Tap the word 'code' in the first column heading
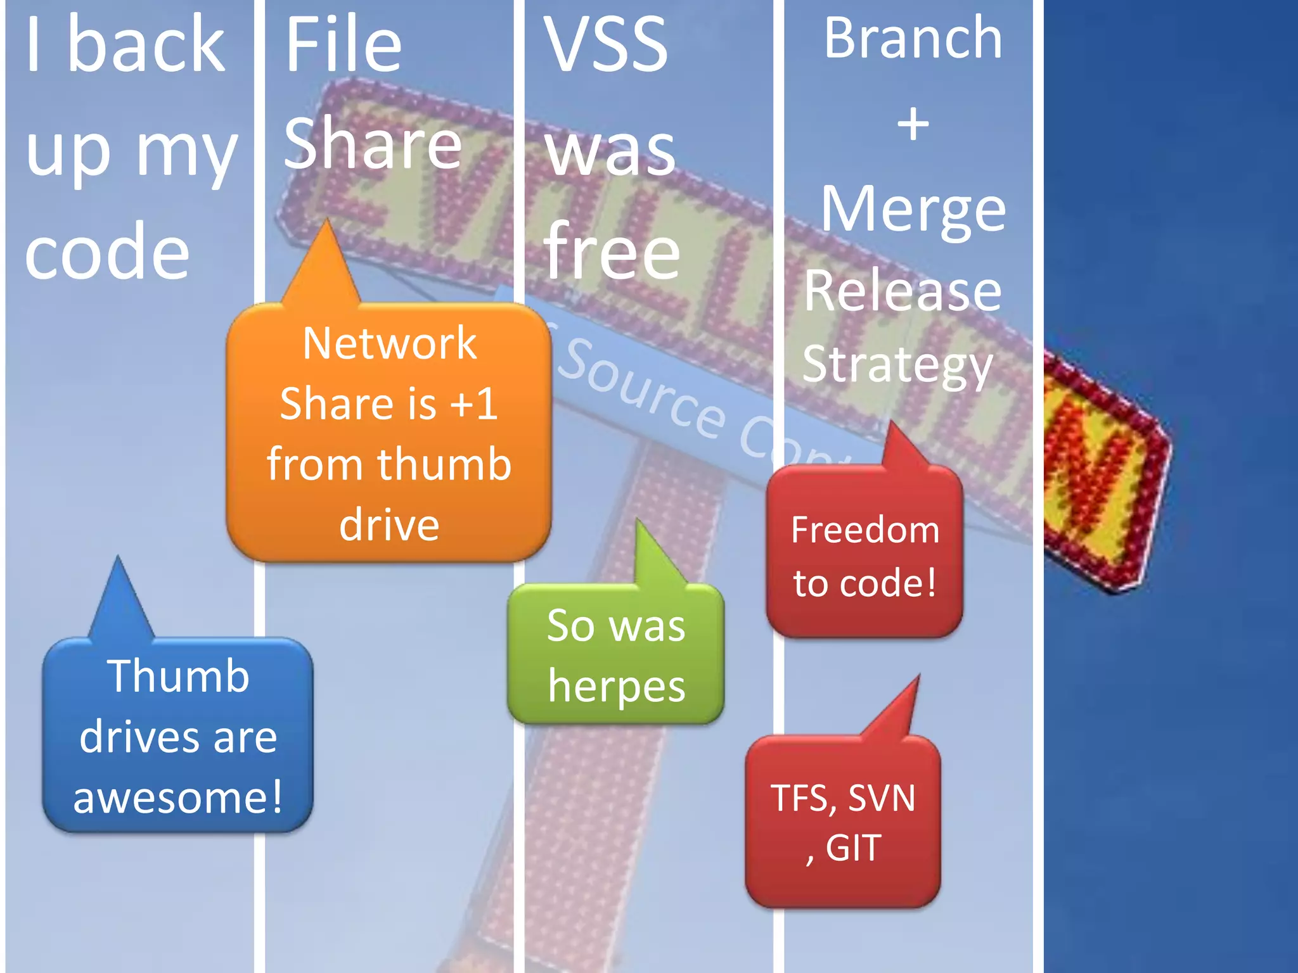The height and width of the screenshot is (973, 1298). pyautogui.click(x=108, y=252)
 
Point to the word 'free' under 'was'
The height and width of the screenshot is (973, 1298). pyautogui.click(x=612, y=252)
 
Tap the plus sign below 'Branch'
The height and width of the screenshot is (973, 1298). pyautogui.click(x=913, y=124)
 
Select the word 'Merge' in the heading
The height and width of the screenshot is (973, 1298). pyautogui.click(x=913, y=210)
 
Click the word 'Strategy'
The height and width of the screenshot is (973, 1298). pyautogui.click(x=897, y=366)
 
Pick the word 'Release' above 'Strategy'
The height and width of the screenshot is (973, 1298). pyautogui.click(x=903, y=291)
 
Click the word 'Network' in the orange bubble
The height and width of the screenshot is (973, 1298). pyautogui.click(x=389, y=344)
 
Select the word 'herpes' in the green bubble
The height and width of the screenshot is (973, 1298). pyautogui.click(x=616, y=687)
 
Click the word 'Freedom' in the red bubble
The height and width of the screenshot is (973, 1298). pyautogui.click(x=865, y=530)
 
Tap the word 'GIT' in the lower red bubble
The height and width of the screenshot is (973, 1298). pyautogui.click(x=853, y=848)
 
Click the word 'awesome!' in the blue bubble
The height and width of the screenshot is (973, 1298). pyautogui.click(x=177, y=797)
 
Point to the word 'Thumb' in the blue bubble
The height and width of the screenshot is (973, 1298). pyautogui.click(x=178, y=677)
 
